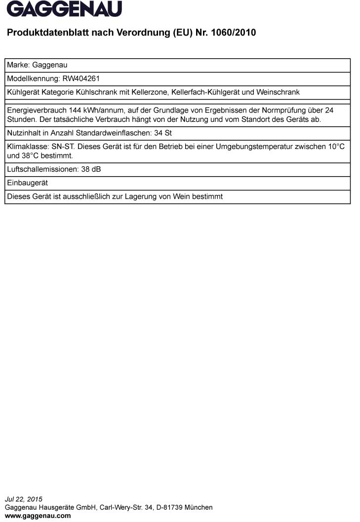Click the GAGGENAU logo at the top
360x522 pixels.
click(x=64, y=9)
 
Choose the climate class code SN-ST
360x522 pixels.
click(x=64, y=147)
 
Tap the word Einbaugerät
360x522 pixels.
click(x=27, y=183)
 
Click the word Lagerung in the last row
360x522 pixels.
click(x=147, y=196)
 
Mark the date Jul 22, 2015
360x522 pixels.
click(x=24, y=499)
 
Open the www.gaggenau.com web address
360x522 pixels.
click(x=38, y=516)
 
